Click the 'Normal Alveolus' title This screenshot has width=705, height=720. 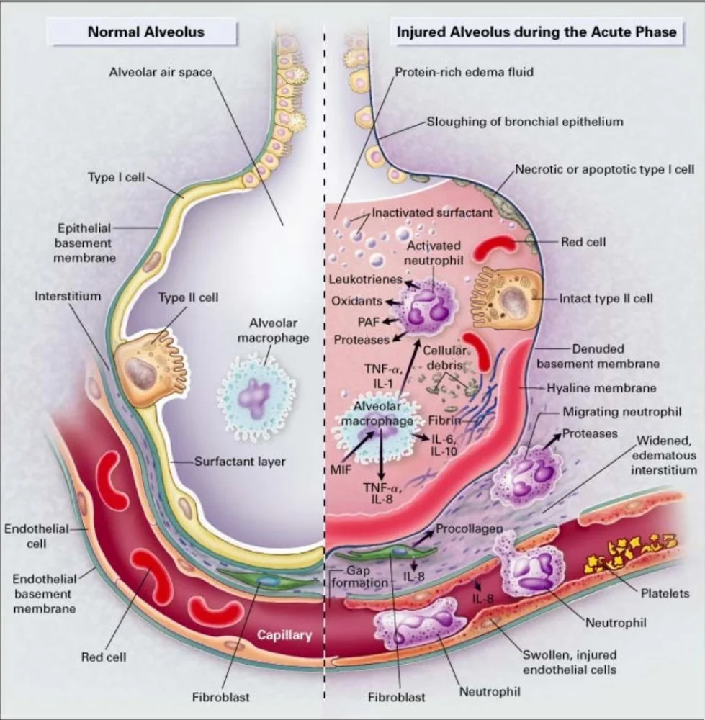pos(146,32)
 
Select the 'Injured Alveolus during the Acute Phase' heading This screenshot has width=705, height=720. pos(536,32)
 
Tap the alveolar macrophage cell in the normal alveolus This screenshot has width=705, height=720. pos(256,395)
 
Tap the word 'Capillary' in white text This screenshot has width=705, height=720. pos(284,635)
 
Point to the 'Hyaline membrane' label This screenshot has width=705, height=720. pos(601,388)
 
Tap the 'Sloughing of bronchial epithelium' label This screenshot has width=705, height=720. pos(525,122)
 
